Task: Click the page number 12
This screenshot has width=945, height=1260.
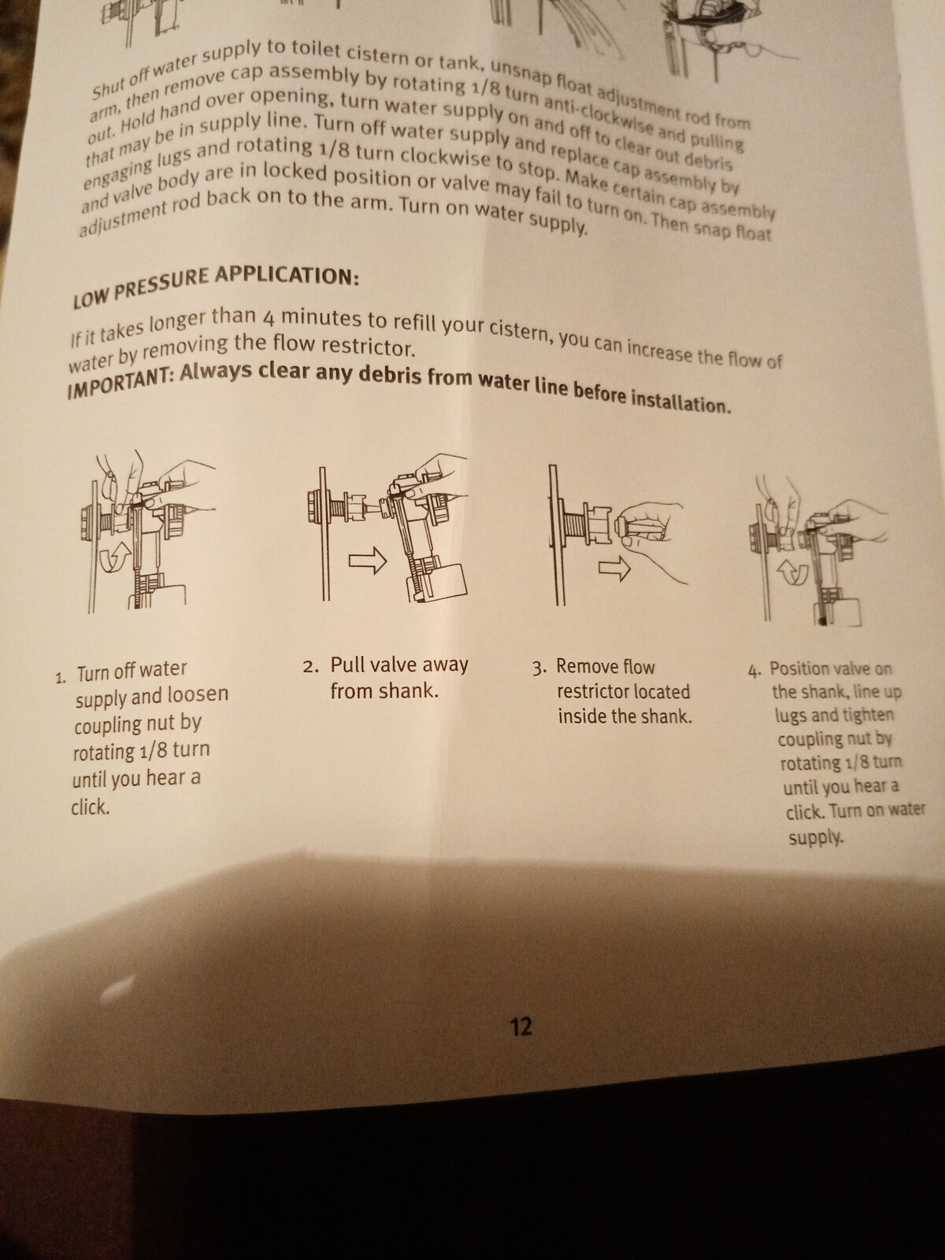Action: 521,1027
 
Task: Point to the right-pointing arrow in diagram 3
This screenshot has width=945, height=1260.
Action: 614,569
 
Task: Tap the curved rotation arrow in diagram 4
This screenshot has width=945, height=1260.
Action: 793,572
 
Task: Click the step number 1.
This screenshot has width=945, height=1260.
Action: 61,678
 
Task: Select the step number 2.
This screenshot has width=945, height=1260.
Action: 310,667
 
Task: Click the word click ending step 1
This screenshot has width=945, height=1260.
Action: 91,807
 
